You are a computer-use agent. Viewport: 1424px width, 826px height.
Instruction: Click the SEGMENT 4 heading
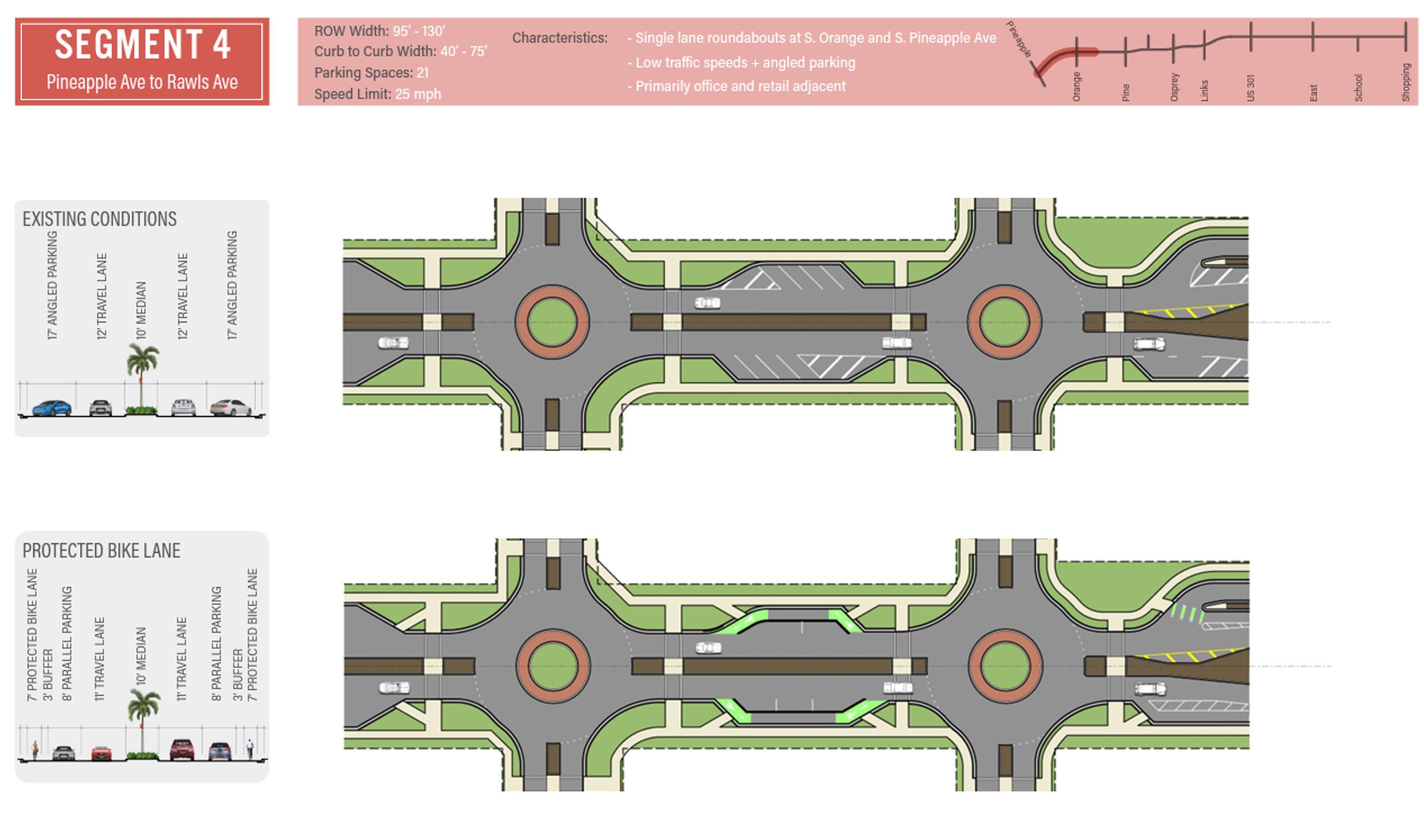pyautogui.click(x=142, y=45)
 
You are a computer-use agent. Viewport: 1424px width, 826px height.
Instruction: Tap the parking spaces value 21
pyautogui.click(x=423, y=73)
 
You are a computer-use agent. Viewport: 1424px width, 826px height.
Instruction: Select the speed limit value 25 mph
pyautogui.click(x=418, y=94)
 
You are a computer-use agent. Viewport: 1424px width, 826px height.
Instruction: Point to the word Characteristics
pyautogui.click(x=559, y=38)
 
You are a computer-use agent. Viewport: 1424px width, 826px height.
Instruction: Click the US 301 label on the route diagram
pyautogui.click(x=1251, y=88)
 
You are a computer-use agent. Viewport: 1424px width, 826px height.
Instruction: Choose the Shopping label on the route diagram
pyautogui.click(x=1406, y=82)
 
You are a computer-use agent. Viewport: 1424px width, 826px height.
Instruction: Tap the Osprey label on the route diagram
pyautogui.click(x=1174, y=87)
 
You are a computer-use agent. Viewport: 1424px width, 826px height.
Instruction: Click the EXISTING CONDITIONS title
pyautogui.click(x=99, y=219)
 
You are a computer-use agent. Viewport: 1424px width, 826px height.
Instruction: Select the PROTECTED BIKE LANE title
pyautogui.click(x=101, y=550)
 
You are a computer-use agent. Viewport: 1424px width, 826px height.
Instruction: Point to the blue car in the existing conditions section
pyautogui.click(x=52, y=407)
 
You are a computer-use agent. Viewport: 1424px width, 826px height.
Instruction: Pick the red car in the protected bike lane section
pyautogui.click(x=102, y=753)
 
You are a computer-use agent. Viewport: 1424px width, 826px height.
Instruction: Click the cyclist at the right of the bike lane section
pyautogui.click(x=250, y=749)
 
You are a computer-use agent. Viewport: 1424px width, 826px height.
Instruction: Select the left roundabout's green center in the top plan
pyautogui.click(x=552, y=322)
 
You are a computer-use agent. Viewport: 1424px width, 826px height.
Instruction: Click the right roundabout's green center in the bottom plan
pyautogui.click(x=1005, y=666)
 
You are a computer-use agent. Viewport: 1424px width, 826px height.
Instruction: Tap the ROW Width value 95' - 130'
pyautogui.click(x=419, y=30)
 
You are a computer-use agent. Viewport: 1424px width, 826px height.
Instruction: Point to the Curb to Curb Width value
pyautogui.click(x=463, y=51)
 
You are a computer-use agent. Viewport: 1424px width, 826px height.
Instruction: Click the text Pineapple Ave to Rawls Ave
pyautogui.click(x=142, y=82)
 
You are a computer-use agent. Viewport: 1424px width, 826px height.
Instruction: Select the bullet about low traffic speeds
pyautogui.click(x=741, y=62)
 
